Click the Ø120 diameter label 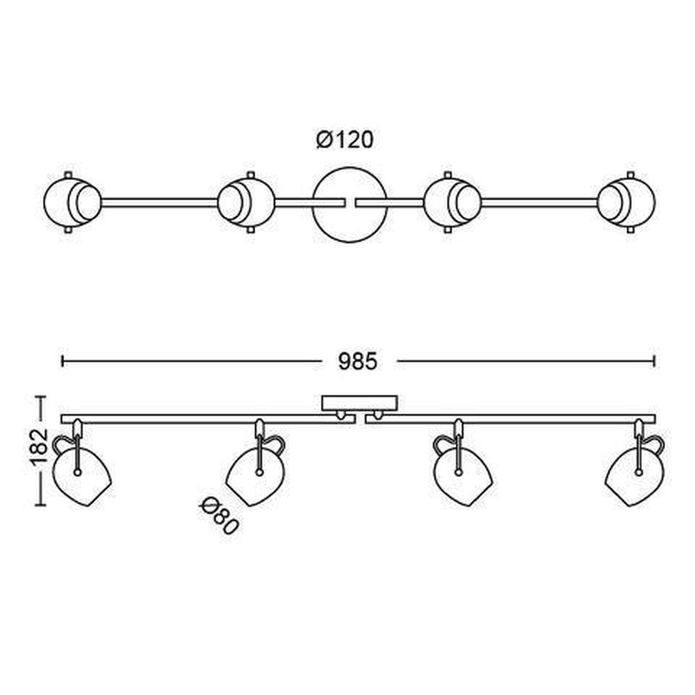click(345, 140)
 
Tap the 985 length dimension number click(357, 361)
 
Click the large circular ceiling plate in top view click(349, 204)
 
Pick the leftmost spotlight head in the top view click(72, 202)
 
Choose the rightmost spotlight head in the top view click(627, 202)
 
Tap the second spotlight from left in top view click(246, 202)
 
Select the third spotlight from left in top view click(453, 202)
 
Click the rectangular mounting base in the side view click(360, 404)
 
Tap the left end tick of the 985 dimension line click(63, 361)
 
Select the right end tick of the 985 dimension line click(654, 361)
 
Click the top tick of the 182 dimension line click(41, 396)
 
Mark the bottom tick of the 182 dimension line click(41, 505)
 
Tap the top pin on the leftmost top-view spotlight click(68, 174)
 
